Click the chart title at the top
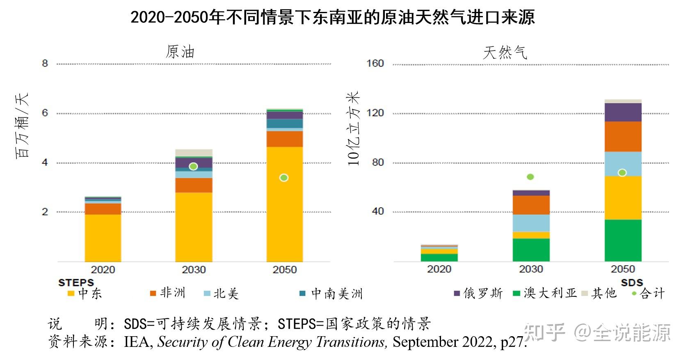[332, 17]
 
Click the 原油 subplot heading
[180, 52]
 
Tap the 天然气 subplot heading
[505, 53]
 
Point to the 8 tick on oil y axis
[45, 64]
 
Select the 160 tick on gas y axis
[375, 64]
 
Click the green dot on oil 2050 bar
[284, 178]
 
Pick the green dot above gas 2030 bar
[530, 177]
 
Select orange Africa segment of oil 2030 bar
[194, 185]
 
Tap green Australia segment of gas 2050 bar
[623, 240]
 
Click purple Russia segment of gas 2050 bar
[623, 112]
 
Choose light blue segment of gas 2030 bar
[531, 223]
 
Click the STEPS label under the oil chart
[76, 282]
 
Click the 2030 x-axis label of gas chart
[531, 269]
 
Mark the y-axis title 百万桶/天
[22, 126]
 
